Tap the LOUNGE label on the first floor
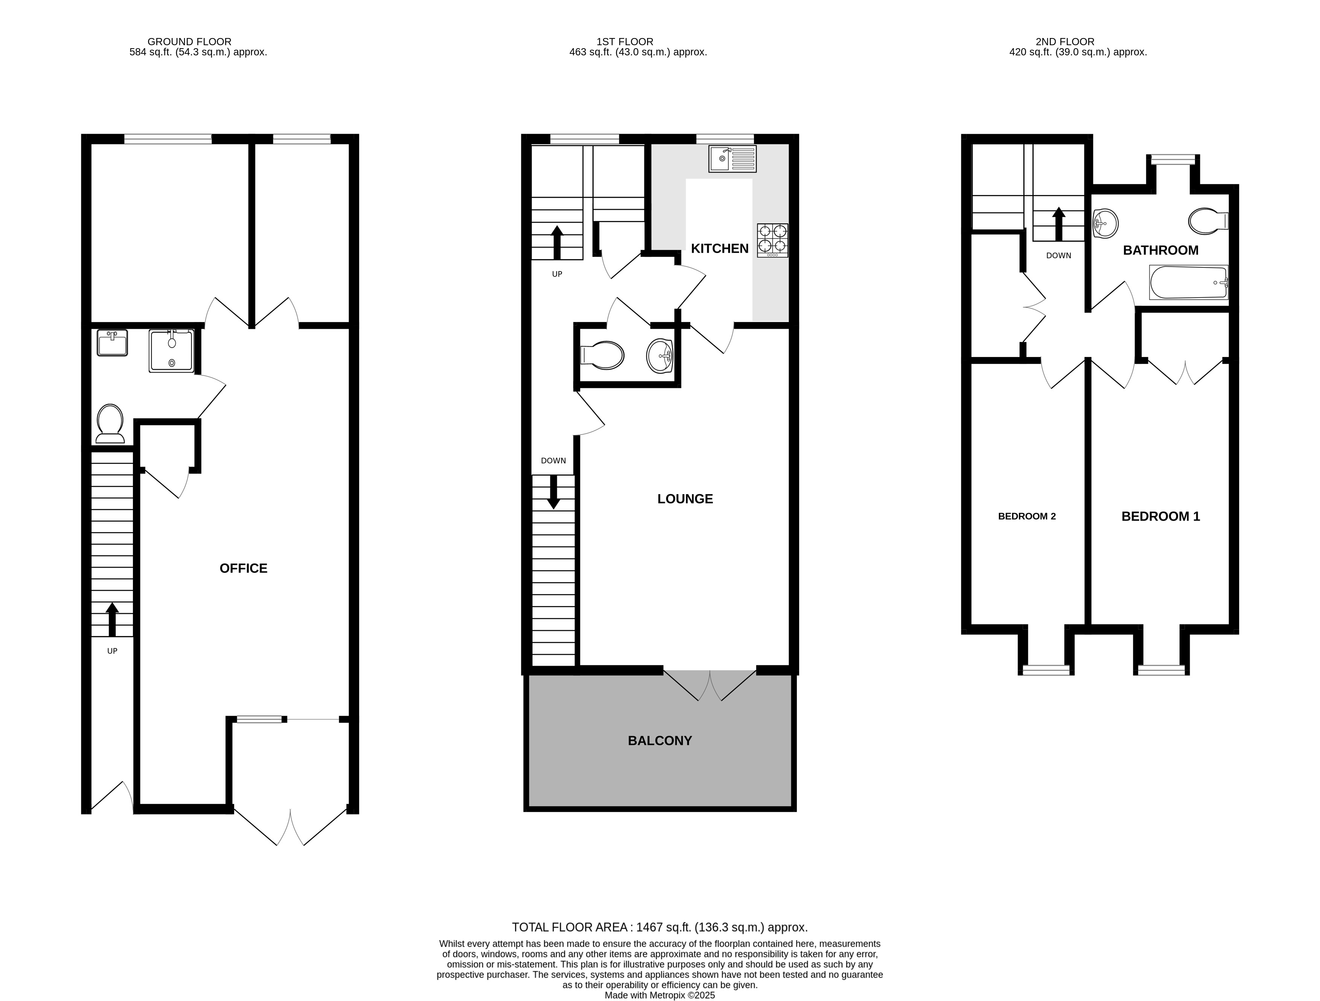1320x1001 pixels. tap(685, 499)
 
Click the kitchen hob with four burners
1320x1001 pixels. tap(772, 240)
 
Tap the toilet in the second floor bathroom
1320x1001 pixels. tap(1207, 221)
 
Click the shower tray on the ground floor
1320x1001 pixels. tap(171, 352)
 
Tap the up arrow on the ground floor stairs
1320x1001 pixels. tap(111, 619)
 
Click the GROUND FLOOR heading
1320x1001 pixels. tap(189, 42)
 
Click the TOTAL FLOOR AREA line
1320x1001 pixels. tap(659, 927)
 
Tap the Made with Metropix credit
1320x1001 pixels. tap(659, 995)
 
